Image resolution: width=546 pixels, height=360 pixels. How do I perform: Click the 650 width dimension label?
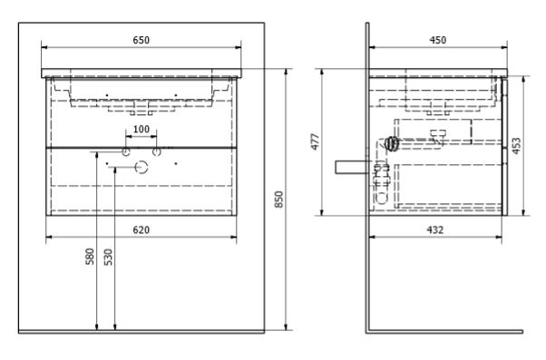pos(141,40)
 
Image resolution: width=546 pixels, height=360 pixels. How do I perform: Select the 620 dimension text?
pos(141,229)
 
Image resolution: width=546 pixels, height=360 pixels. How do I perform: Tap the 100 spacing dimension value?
pos(141,129)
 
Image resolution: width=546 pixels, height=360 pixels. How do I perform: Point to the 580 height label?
pos(90,257)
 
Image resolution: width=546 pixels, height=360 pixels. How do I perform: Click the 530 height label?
pos(109,257)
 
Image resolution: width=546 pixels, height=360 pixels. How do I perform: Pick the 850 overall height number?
pos(279,199)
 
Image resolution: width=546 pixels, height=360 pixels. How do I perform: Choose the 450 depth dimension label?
pos(438,40)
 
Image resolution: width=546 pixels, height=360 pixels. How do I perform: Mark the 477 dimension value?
pos(315,141)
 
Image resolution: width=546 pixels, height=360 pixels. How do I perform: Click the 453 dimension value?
pos(516,145)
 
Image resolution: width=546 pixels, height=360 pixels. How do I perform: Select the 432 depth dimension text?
pos(435,229)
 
